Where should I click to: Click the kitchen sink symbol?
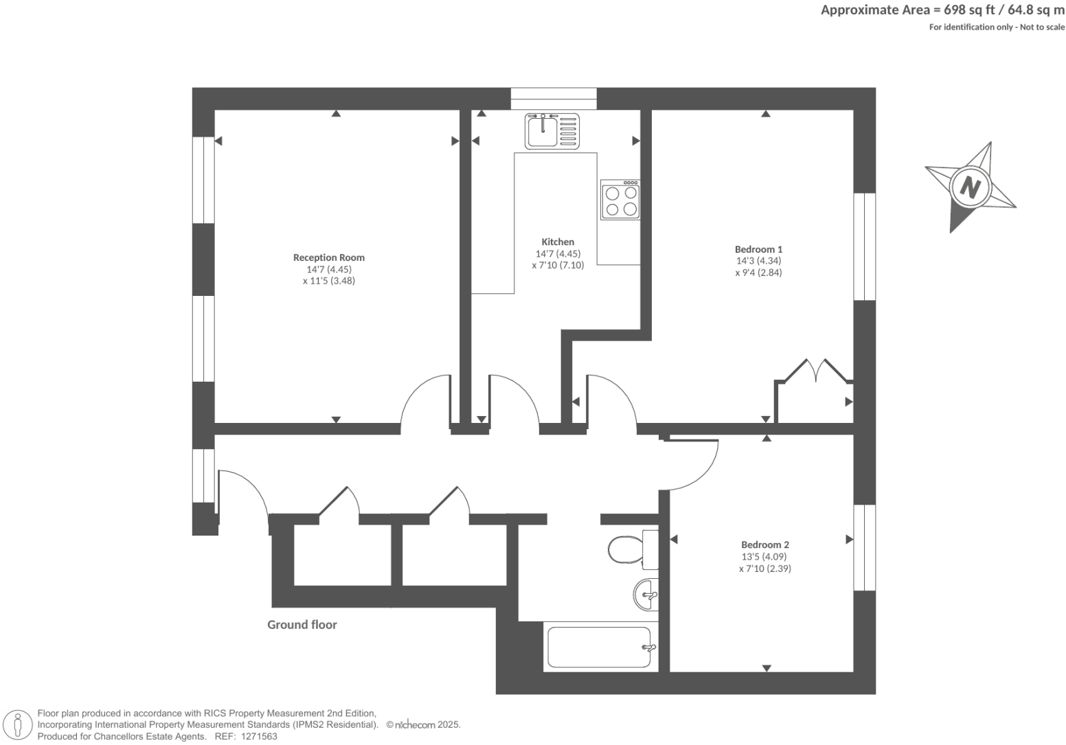click(x=552, y=131)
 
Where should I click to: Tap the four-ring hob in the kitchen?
click(x=620, y=200)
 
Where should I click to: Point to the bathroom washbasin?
click(x=646, y=595)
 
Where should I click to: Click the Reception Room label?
click(x=329, y=257)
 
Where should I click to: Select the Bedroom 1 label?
click(x=758, y=249)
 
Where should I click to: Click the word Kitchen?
click(x=558, y=242)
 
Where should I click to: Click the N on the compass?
click(x=970, y=187)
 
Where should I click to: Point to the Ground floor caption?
click(x=302, y=625)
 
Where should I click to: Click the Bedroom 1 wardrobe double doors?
click(x=815, y=370)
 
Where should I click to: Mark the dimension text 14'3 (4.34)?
click(x=758, y=261)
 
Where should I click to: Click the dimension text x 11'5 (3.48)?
click(x=329, y=281)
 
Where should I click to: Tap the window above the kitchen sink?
click(x=554, y=98)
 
